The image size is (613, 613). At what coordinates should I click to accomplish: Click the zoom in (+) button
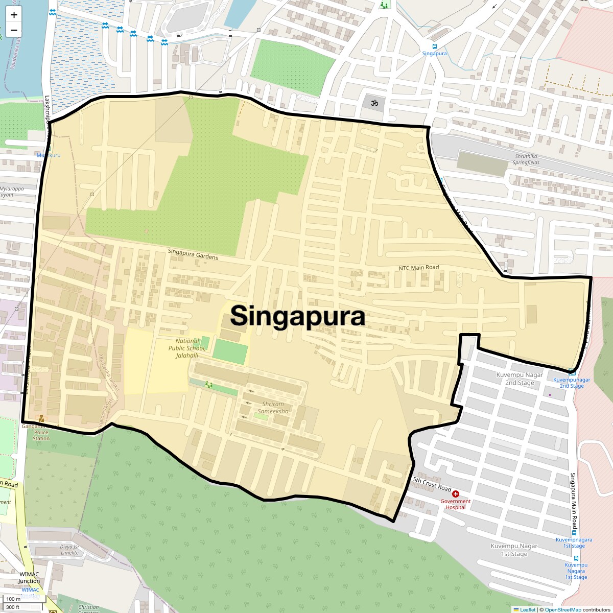pyautogui.click(x=14, y=15)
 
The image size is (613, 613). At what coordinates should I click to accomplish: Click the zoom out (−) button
pyautogui.click(x=14, y=30)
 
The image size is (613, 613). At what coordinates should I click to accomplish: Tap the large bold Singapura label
pyautogui.click(x=297, y=316)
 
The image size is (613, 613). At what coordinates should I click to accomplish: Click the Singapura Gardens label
pyautogui.click(x=193, y=254)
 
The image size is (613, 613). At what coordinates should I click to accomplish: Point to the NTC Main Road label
pyautogui.click(x=419, y=268)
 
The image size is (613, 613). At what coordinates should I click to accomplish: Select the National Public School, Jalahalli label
pyautogui.click(x=187, y=348)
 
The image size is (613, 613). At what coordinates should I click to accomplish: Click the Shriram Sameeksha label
pyautogui.click(x=273, y=408)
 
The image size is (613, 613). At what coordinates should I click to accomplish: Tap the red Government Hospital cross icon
pyautogui.click(x=456, y=494)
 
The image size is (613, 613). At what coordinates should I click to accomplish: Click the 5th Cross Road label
pyautogui.click(x=432, y=484)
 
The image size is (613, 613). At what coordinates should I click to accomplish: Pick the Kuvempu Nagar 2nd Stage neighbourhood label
pyautogui.click(x=520, y=379)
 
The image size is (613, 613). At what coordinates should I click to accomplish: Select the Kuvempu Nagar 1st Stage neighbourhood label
pyautogui.click(x=514, y=550)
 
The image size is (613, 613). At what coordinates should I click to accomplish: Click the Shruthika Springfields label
pyautogui.click(x=527, y=159)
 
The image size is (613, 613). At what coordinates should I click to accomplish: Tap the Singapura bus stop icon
pyautogui.click(x=435, y=46)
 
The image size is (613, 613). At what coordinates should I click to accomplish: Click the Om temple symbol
pyautogui.click(x=374, y=103)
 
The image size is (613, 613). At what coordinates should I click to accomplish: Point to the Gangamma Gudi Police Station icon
pyautogui.click(x=41, y=419)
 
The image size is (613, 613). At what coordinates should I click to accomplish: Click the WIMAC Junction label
pyautogui.click(x=29, y=577)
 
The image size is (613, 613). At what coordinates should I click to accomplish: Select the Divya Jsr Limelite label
pyautogui.click(x=69, y=550)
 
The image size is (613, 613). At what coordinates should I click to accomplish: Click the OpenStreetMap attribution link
pyautogui.click(x=562, y=609)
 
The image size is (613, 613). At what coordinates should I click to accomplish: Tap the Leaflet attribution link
pyautogui.click(x=528, y=609)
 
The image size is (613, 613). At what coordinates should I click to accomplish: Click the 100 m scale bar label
pyautogui.click(x=13, y=599)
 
